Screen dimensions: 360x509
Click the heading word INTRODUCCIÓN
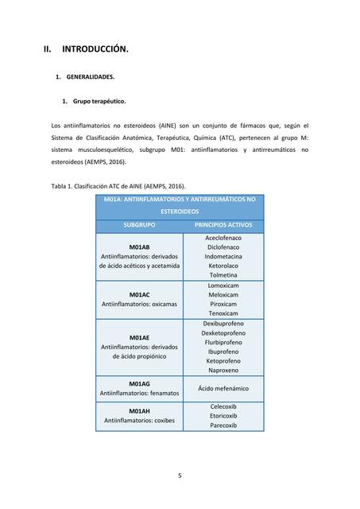(95, 49)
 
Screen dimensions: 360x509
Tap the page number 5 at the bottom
(180, 476)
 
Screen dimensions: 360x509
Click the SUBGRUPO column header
(139, 225)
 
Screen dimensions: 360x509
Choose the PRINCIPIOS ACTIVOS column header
(223, 225)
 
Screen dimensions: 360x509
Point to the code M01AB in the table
(139, 247)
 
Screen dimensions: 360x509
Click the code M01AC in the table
(139, 294)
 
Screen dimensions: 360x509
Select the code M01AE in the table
(139, 337)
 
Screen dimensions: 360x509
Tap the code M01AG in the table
(139, 383)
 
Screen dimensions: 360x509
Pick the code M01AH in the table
(139, 410)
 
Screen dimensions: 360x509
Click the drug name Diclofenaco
(223, 247)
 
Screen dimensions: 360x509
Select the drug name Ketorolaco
(223, 266)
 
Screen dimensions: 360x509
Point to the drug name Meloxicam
(223, 294)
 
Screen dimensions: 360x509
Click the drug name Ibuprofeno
(223, 352)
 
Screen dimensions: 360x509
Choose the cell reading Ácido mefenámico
(223, 388)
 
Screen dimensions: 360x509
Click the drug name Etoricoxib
(223, 415)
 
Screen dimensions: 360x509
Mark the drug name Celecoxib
(223, 406)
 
